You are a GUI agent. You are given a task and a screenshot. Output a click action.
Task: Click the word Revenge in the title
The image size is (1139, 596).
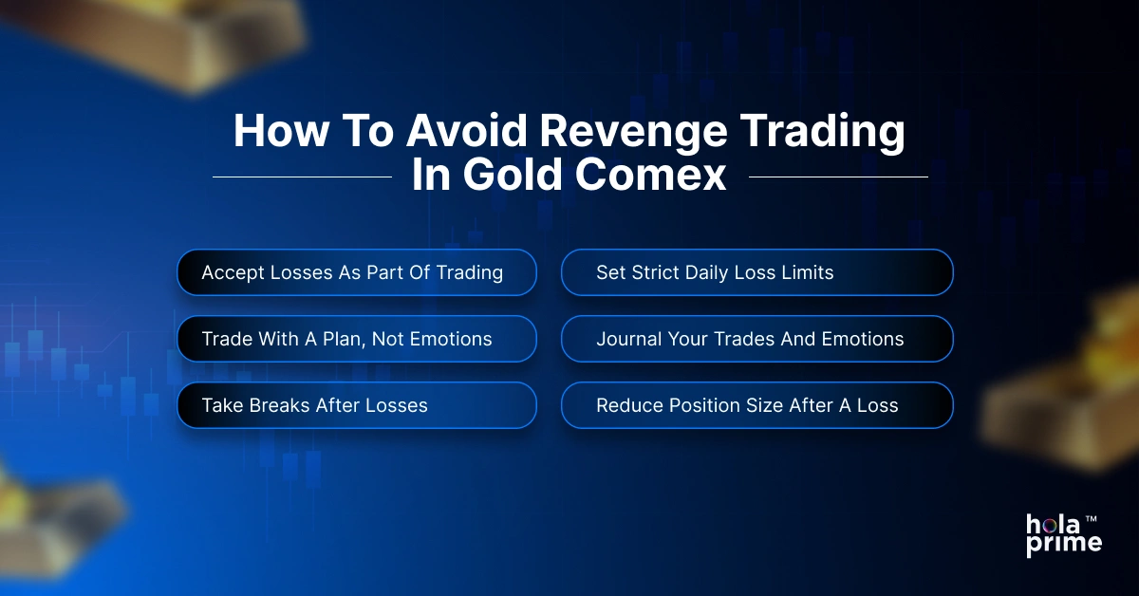620,133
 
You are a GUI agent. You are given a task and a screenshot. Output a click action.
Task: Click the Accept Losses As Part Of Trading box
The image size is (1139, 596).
357,273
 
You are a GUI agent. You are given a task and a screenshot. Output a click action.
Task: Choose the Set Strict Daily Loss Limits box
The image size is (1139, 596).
756,273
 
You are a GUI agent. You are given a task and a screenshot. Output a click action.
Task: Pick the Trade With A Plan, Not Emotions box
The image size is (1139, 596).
357,339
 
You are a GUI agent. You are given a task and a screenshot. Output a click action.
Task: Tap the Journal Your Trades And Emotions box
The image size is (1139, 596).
756,339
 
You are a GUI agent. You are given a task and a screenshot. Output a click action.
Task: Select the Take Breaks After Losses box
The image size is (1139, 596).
357,405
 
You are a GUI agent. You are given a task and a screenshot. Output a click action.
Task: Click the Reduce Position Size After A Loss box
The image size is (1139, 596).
756,405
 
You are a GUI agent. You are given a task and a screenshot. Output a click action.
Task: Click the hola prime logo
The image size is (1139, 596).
1063,534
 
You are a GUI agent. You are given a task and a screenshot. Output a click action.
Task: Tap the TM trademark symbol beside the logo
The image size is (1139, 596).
1092,520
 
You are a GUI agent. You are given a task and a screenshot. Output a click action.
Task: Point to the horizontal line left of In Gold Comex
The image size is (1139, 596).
302,177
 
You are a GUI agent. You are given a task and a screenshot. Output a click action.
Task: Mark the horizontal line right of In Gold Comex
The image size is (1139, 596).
838,177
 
